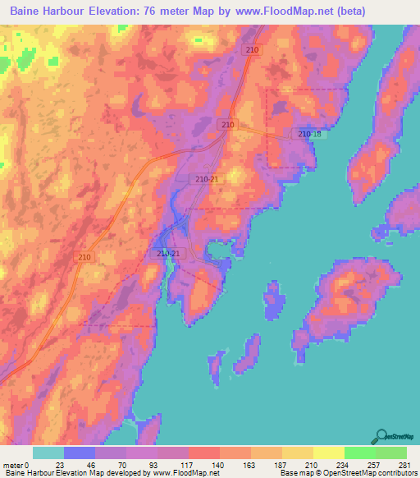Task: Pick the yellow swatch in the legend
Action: (328, 453)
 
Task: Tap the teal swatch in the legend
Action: (48, 453)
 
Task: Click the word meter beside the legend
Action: (13, 464)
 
